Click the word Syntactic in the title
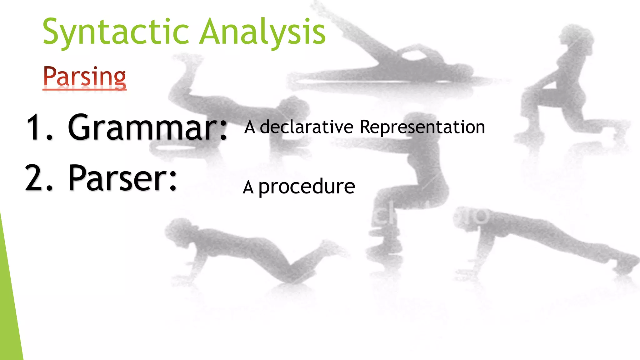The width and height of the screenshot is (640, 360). coord(116,32)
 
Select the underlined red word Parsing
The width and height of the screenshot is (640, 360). coord(84,77)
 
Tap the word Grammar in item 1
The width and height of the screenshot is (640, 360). coord(142,127)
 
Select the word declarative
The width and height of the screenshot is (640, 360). coord(306,127)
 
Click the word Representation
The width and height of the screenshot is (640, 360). coord(422,127)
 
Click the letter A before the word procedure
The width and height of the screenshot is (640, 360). coord(248,187)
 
